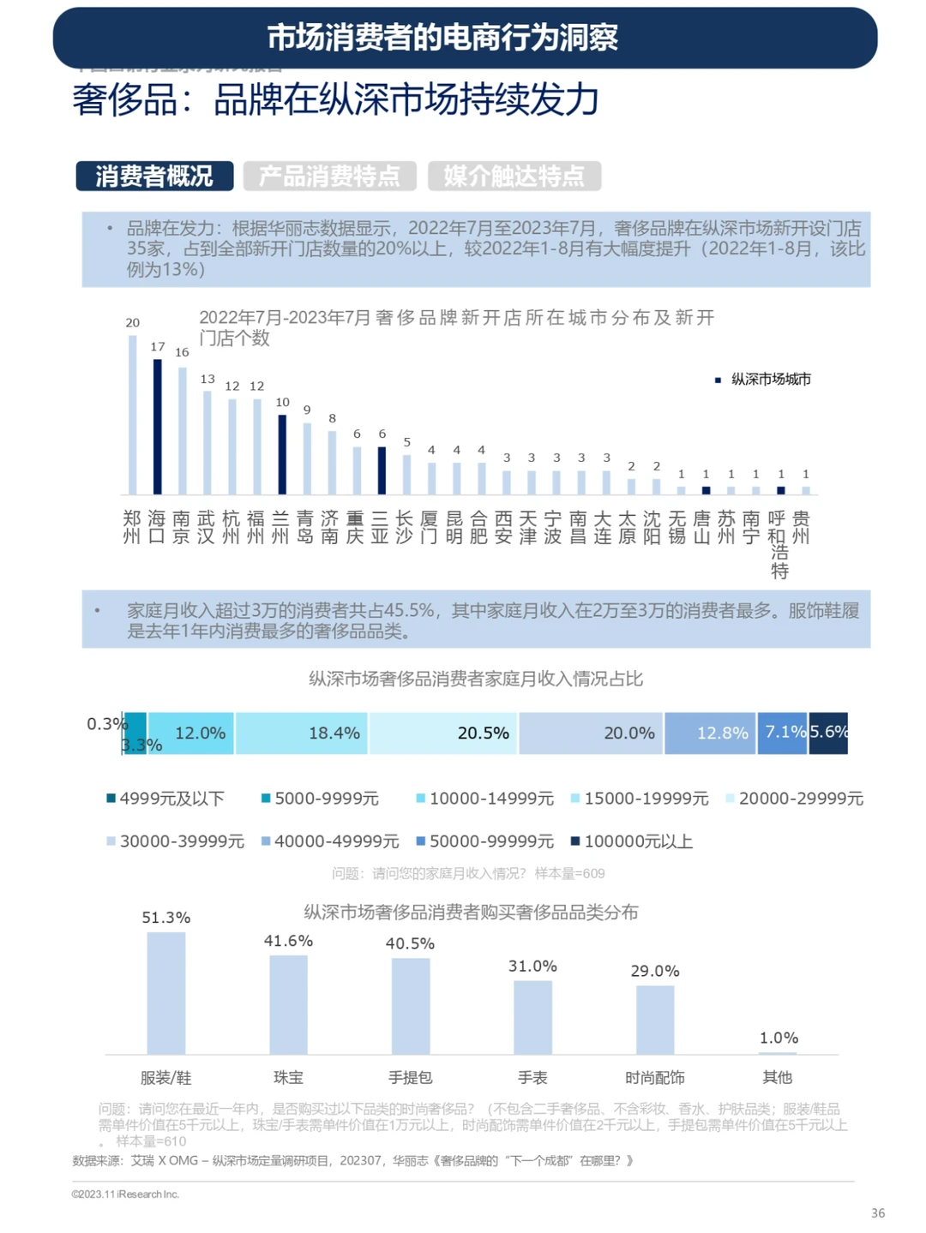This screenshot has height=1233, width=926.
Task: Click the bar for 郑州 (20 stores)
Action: [133, 415]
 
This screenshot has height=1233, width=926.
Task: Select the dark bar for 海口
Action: [157, 427]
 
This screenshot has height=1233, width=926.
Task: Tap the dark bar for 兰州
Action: [281, 455]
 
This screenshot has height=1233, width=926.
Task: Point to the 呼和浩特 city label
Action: [779, 545]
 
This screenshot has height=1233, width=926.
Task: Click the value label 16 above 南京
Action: [182, 352]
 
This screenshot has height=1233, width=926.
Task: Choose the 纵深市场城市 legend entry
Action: [763, 380]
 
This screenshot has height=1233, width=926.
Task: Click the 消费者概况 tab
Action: [154, 176]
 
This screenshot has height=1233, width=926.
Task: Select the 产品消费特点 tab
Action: [330, 176]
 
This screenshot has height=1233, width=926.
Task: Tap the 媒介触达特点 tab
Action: [514, 176]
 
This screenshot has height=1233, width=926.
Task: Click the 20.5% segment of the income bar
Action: [443, 733]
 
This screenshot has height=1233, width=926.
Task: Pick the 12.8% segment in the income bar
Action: [710, 733]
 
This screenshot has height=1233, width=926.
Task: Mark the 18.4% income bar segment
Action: [302, 733]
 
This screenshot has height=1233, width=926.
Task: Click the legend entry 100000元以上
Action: [632, 841]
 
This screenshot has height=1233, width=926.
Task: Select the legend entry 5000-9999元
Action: [320, 799]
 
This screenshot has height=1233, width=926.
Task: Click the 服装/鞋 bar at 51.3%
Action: [166, 993]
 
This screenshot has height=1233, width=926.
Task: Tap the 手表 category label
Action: [532, 1077]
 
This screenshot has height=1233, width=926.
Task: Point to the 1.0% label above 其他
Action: [779, 1038]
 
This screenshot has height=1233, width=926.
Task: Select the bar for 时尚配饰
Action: [655, 1020]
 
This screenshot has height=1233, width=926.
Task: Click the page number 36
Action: [878, 1212]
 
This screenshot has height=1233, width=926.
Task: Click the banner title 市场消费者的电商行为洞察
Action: [442, 38]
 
